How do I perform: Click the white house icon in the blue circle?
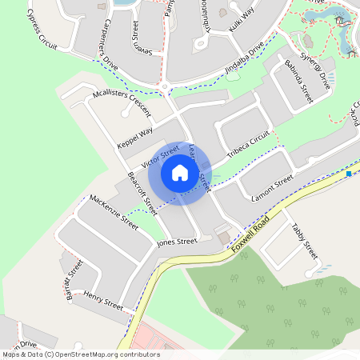[x=180, y=172]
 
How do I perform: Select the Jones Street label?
[x=177, y=242]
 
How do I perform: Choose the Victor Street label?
[x=160, y=157]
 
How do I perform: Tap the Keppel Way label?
[x=134, y=138]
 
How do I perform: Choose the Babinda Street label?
[x=297, y=83]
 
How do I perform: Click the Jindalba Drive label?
[x=245, y=62]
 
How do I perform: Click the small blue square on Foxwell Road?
[x=349, y=173]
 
